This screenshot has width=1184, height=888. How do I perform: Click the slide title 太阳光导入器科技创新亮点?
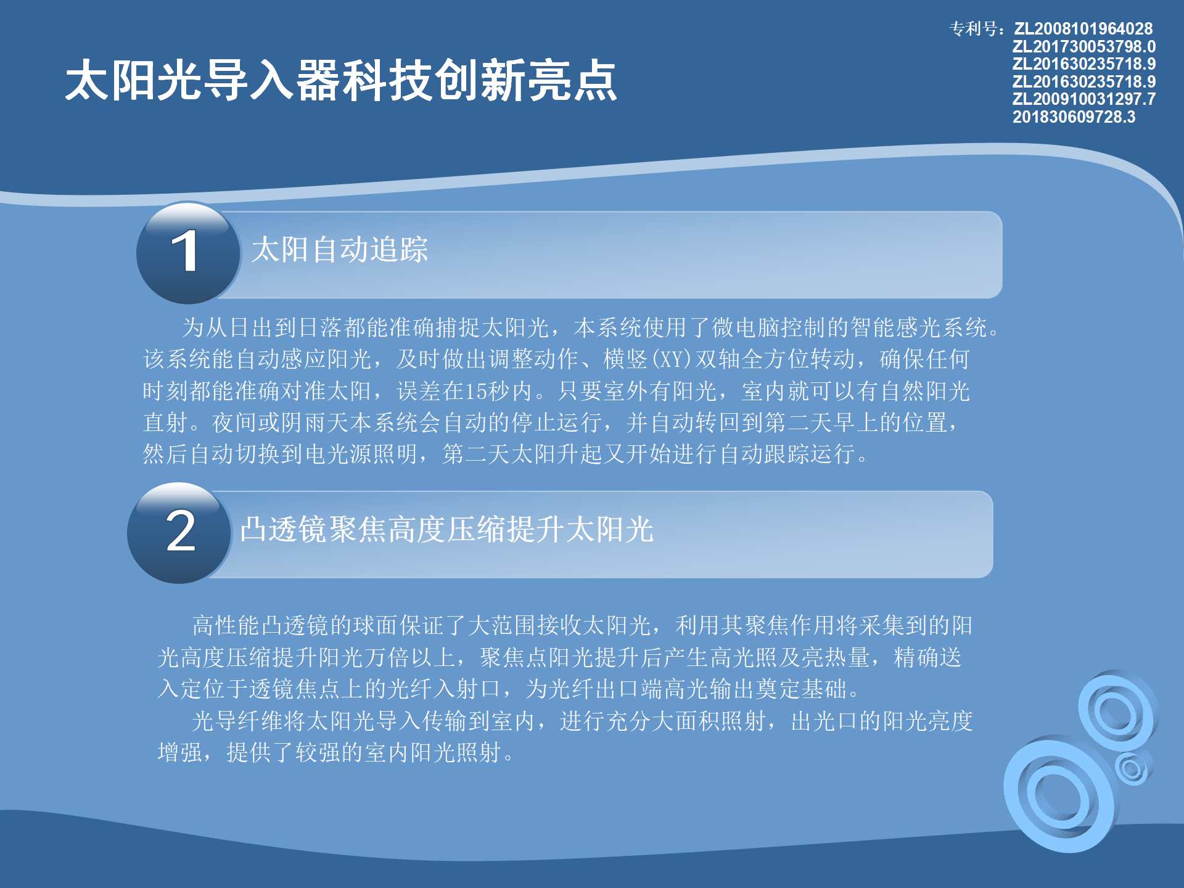[341, 80]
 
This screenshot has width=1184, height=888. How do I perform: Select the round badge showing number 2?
[179, 533]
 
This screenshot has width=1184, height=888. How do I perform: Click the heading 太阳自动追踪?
[340, 250]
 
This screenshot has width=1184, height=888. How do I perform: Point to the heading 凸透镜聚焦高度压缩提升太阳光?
[446, 529]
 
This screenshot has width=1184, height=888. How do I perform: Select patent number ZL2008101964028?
[1083, 28]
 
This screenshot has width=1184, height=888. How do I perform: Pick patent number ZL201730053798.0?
[1083, 46]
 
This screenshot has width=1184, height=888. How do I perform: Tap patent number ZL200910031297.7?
[1083, 99]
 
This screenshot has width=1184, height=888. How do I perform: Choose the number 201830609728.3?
[1074, 117]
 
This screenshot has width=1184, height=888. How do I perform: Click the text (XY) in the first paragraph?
[672, 359]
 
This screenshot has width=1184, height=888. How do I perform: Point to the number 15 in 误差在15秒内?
[475, 391]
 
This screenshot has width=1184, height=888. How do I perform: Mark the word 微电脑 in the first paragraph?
[746, 327]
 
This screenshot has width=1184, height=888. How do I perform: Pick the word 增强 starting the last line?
[180, 752]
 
